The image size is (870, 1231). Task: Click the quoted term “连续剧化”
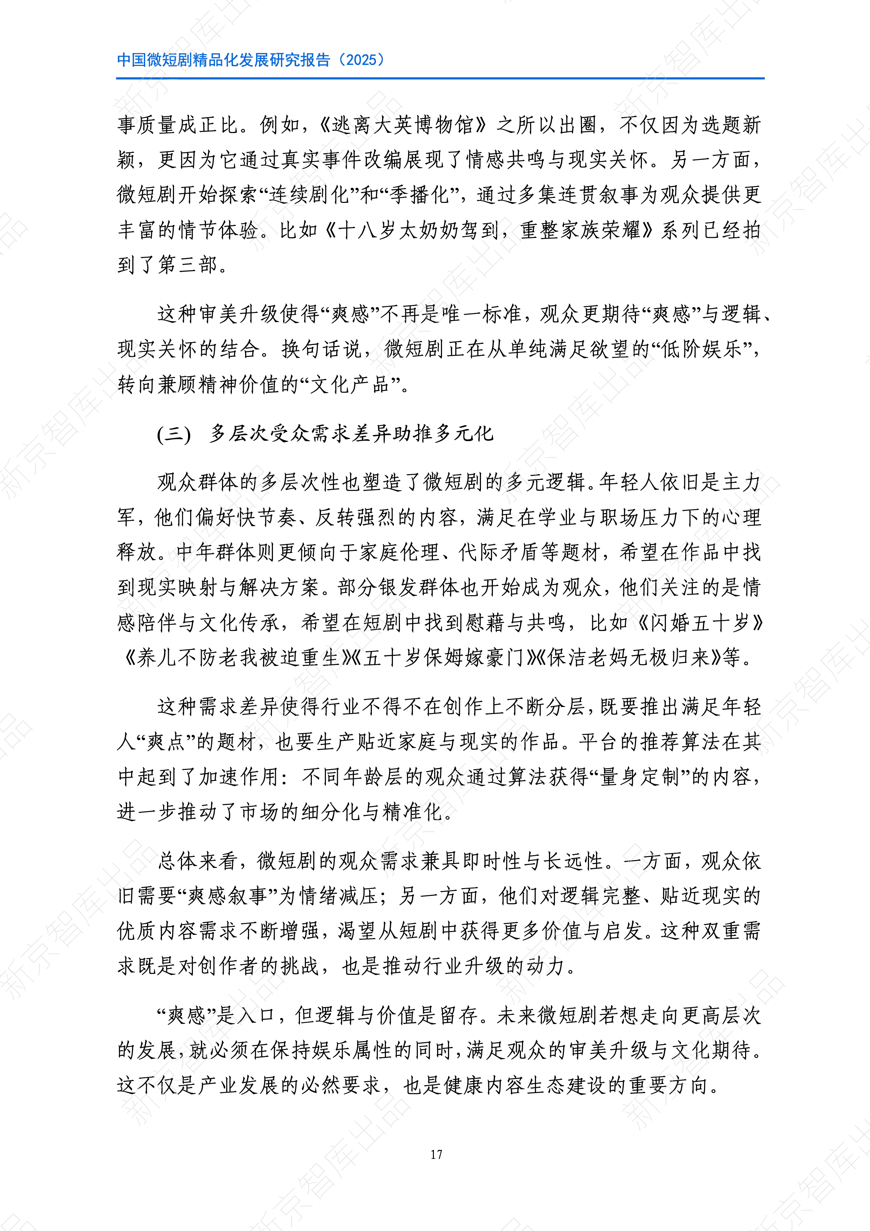click(x=309, y=195)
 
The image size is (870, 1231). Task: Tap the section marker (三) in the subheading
click(x=174, y=433)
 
